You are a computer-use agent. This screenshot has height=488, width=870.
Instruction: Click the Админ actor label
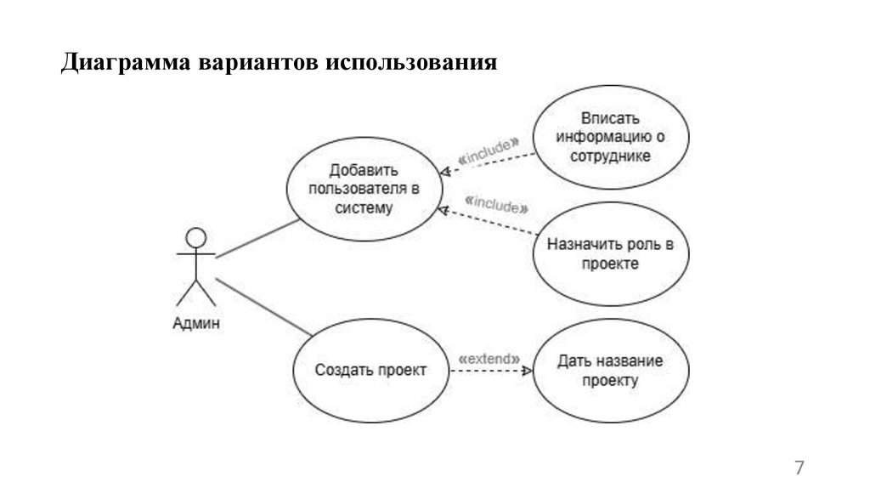[x=196, y=322]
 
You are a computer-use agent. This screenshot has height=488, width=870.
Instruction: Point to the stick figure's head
[x=196, y=237]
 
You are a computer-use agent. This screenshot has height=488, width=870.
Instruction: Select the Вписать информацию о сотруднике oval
[x=611, y=137]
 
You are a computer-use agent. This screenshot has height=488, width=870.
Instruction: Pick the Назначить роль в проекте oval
[x=611, y=254]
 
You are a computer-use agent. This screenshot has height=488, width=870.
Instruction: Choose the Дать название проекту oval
[x=611, y=371]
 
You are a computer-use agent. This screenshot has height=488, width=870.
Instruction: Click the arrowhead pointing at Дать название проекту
[x=528, y=372]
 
